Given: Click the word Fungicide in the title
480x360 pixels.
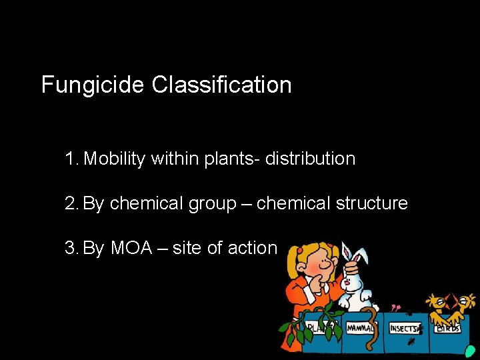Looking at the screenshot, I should (93, 85).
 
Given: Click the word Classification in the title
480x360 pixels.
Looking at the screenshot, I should (221, 85).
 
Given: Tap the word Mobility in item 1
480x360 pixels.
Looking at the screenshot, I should (115, 159).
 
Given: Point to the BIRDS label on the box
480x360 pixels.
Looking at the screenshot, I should (448, 328).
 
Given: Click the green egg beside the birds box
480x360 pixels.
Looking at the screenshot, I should (471, 351).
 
